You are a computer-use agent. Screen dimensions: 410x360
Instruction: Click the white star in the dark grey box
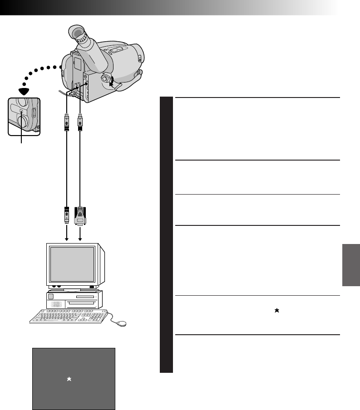(x=69, y=379)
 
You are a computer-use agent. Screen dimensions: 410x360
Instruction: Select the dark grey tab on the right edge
(x=351, y=265)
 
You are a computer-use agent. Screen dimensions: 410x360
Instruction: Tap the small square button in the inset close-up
(x=21, y=111)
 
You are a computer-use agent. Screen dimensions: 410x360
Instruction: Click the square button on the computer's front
(x=50, y=297)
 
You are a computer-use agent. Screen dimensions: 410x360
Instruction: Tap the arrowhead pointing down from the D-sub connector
(x=80, y=239)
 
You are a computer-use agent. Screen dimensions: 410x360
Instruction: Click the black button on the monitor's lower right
(x=92, y=287)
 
